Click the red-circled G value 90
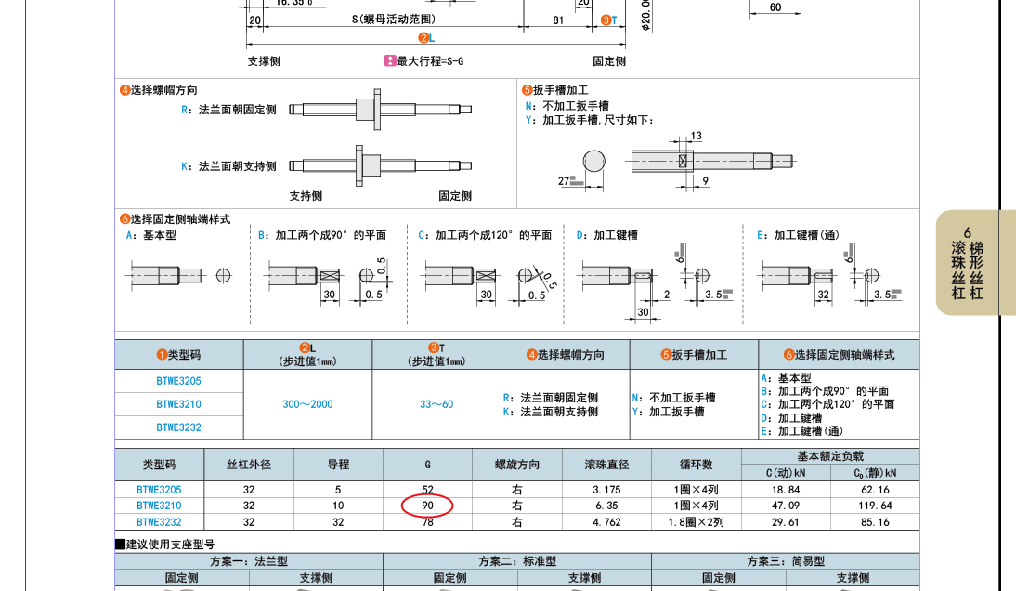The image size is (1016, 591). coord(427,506)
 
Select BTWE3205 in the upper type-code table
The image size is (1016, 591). coord(179,381)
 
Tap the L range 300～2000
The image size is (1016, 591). coord(307,404)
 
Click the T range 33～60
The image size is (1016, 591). coord(436,404)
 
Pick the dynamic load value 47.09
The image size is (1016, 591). coord(786,506)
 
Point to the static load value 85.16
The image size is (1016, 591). coord(876,522)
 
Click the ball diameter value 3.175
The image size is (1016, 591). coord(606,490)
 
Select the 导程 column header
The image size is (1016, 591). coord(338,465)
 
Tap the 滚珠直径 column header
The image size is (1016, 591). coord(606,465)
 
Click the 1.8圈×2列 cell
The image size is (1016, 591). coord(696,522)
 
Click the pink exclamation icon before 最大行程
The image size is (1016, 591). coord(389,61)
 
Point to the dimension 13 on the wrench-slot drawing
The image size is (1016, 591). coord(696,136)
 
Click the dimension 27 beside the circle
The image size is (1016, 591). coord(564,181)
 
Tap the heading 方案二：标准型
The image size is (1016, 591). coord(517,561)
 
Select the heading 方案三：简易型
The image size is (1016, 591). coord(786,561)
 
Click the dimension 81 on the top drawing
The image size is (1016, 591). coord(558,20)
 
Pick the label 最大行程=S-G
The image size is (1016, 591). coord(430,61)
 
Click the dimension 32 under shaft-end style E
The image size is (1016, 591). coord(824,295)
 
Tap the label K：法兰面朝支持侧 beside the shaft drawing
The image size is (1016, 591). coord(228,166)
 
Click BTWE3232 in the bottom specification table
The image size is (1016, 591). coord(159,522)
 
